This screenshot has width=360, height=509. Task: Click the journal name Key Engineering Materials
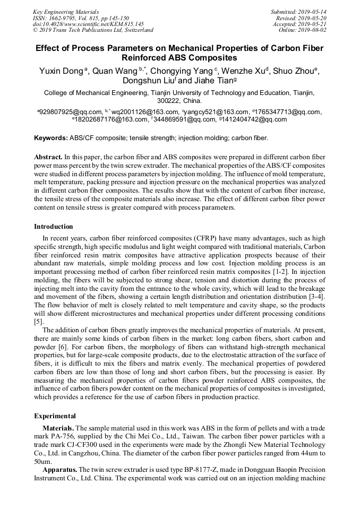pyautogui.click(x=66, y=12)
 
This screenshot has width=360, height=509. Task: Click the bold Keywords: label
pyautogui.click(x=51, y=138)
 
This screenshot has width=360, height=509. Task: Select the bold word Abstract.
pyautogui.click(x=48, y=158)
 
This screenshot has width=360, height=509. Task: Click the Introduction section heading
pyautogui.click(x=54, y=227)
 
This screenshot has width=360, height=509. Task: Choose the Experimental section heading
pyautogui.click(x=55, y=416)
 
